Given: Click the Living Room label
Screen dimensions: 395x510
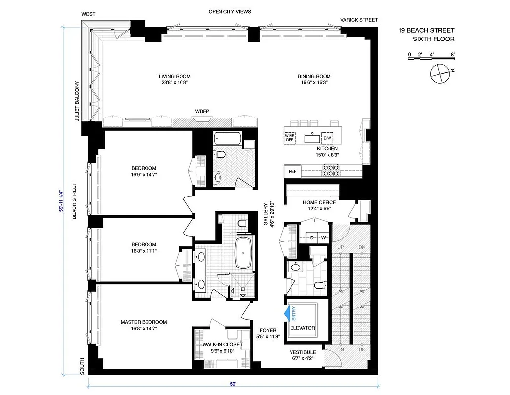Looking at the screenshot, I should (175, 76).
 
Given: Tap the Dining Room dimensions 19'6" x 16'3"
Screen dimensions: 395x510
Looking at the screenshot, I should (314, 83).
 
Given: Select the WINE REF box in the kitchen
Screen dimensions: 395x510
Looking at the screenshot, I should (290, 137).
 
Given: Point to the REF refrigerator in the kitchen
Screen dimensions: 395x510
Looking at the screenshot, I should (292, 171).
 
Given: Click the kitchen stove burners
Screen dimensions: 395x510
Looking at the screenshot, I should (330, 170).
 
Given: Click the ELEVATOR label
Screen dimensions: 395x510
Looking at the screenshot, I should (302, 328).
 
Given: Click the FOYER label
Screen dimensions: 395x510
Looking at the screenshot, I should (268, 330).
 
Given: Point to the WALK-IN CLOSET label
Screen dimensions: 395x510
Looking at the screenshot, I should (222, 344).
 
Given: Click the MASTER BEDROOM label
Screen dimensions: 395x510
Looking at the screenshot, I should (144, 322).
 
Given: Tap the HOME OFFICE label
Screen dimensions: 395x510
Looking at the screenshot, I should (320, 202).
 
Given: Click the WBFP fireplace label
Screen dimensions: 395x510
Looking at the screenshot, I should (202, 112).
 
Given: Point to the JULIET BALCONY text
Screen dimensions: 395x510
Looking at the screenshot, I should (77, 101).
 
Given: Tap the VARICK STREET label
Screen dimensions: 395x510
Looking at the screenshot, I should (359, 20).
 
